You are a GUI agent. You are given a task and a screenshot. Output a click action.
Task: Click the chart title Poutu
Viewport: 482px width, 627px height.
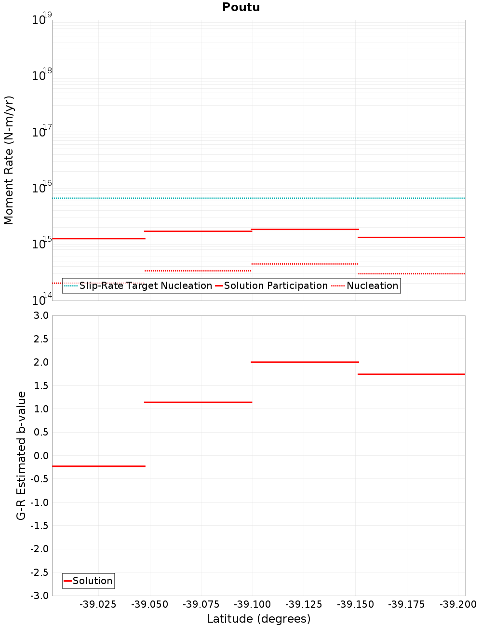pos(241,7)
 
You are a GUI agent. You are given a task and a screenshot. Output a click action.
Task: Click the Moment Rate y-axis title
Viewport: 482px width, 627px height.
pos(9,160)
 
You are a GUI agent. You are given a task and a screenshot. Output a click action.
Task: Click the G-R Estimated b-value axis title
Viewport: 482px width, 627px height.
pos(21,455)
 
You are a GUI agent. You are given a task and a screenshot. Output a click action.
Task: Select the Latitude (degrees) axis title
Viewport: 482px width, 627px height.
pos(258,619)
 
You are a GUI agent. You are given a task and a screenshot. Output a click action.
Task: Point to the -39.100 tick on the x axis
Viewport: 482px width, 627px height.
pos(253,604)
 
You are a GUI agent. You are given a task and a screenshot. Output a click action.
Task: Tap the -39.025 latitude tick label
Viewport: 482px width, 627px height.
pos(98,604)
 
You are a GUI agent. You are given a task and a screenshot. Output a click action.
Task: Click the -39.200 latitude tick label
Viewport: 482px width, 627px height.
pos(458,604)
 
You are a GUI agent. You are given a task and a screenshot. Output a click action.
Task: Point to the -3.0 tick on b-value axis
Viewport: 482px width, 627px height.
pos(40,596)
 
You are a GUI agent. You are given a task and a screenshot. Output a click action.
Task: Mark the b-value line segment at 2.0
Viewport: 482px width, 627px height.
pos(305,362)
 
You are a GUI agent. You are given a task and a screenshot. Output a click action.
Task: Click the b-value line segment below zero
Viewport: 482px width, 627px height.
pos(98,466)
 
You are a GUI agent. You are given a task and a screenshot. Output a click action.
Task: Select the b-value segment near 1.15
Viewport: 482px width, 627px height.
pos(198,402)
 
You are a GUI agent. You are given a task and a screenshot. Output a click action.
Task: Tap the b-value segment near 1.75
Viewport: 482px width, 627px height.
pos(411,374)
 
